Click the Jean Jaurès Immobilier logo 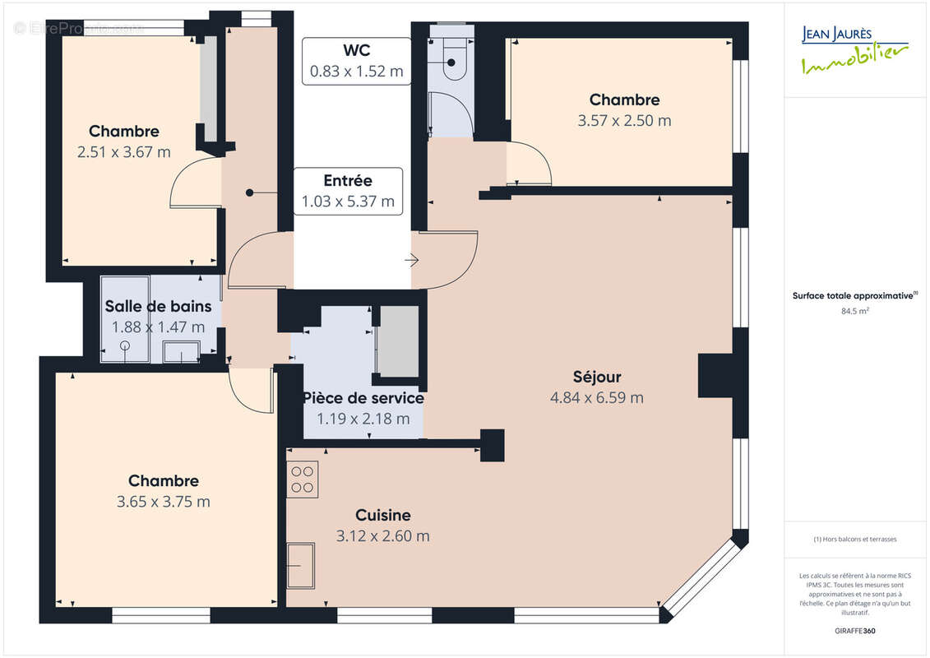click(854, 49)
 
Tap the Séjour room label click(596, 378)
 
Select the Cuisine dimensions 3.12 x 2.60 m click(382, 536)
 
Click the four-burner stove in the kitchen click(303, 480)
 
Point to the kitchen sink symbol click(300, 565)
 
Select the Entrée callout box click(348, 191)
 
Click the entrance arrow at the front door click(412, 261)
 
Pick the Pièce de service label click(363, 398)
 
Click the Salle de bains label click(158, 307)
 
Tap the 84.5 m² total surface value click(854, 311)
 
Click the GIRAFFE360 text click(854, 631)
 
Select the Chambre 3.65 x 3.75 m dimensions click(164, 502)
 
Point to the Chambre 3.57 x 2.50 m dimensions click(624, 120)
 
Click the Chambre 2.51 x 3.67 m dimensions click(123, 151)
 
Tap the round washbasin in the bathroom click(126, 347)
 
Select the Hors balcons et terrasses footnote click(854, 540)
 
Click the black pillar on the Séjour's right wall click(714, 375)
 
